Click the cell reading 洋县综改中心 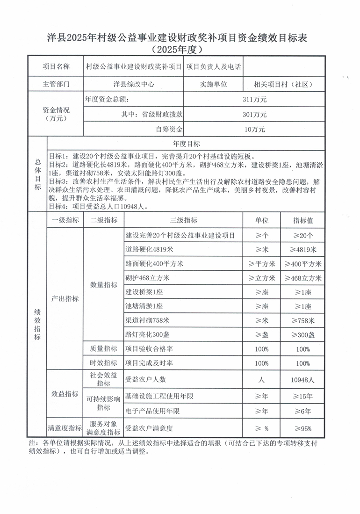pos(134,85)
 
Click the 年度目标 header pos(186,144)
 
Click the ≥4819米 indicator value pos(303,249)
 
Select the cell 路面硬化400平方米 pos(154,264)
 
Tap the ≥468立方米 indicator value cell pos(303,278)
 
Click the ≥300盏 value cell pos(303,335)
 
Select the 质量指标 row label pos(104,349)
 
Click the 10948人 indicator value pos(303,380)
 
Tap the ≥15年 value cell pos(303,397)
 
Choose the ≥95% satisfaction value pos(303,428)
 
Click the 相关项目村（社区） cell pos(283,85)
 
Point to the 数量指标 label pos(104,285)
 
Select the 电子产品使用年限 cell pos(153,412)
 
